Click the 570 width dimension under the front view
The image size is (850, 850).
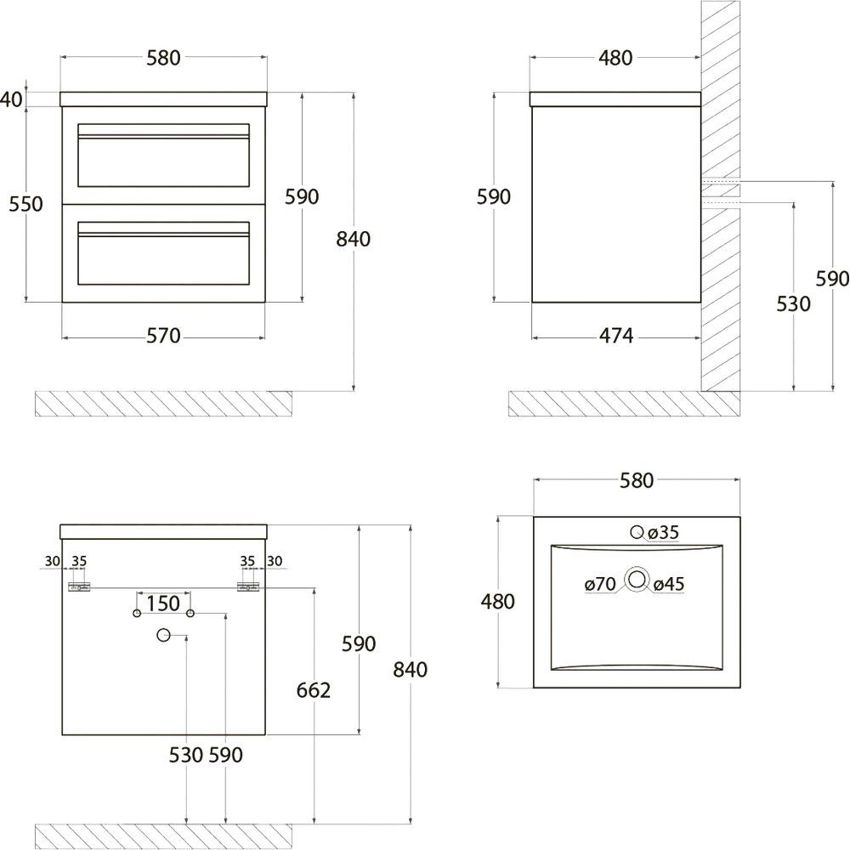163,336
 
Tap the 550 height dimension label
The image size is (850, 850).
25,204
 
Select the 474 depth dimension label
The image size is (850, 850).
615,336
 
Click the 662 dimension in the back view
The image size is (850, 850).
314,690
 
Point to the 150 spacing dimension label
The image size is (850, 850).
163,603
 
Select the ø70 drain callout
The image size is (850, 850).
600,584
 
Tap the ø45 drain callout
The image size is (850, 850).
668,584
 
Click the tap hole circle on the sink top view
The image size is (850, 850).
637,532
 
